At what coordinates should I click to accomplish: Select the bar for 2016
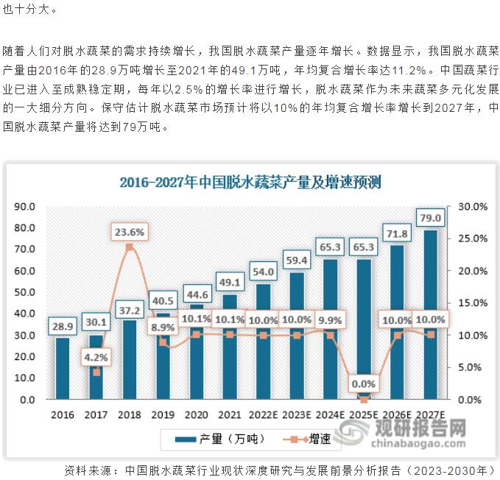(x=62, y=368)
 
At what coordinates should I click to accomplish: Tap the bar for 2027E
(x=430, y=317)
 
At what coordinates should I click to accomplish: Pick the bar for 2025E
(x=363, y=331)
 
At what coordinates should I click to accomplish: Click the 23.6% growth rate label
(x=130, y=232)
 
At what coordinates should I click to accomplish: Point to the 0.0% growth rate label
(x=363, y=384)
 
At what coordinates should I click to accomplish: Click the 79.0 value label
(x=430, y=218)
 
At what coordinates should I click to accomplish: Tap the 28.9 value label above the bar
(x=62, y=325)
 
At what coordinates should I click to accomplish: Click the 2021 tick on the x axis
(x=230, y=415)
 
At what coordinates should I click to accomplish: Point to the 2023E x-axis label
(x=296, y=415)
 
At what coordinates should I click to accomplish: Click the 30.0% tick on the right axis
(x=471, y=207)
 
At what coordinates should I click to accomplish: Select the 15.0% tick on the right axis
(x=471, y=303)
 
